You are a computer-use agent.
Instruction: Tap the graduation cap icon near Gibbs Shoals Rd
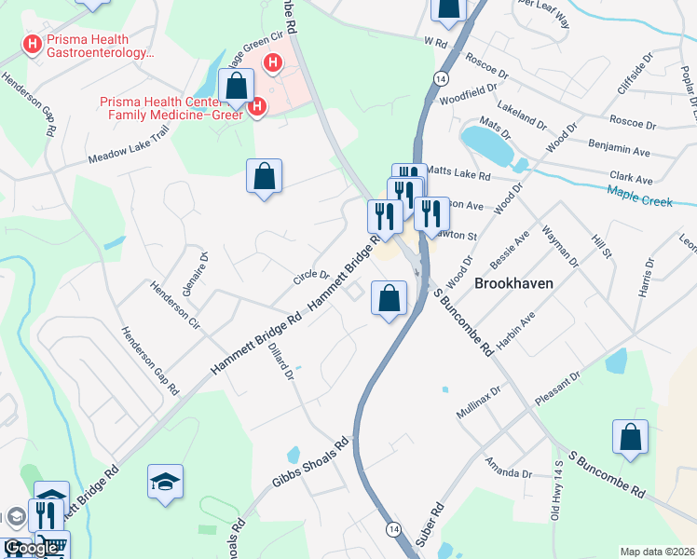pyautogui.click(x=165, y=482)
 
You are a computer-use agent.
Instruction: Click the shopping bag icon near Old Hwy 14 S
pyautogui.click(x=630, y=436)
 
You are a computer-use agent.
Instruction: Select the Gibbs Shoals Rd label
pyautogui.click(x=311, y=463)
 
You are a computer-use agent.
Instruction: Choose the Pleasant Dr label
pyautogui.click(x=556, y=390)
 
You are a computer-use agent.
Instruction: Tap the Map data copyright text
pyautogui.click(x=658, y=552)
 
